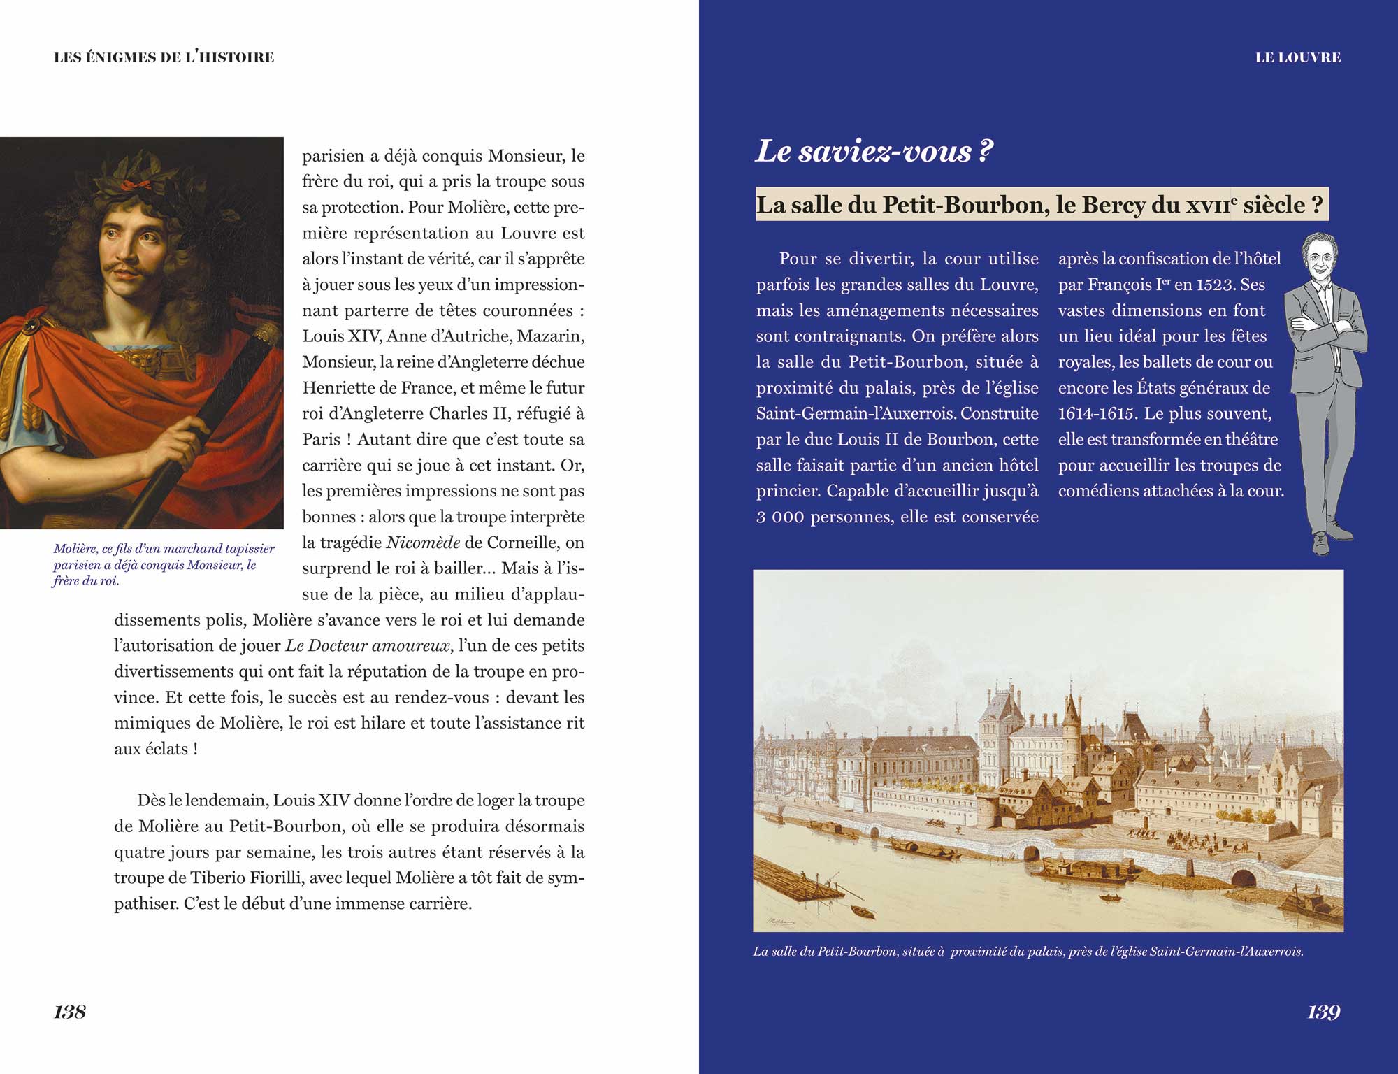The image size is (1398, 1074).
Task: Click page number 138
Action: tap(70, 1012)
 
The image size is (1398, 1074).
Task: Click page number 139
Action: tap(1323, 1012)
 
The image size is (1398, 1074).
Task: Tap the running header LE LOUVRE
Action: tap(1298, 57)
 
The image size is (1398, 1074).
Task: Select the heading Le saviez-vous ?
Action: tap(874, 151)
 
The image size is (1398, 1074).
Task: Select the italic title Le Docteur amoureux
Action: tap(368, 646)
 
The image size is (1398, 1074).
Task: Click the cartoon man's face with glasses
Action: tap(1318, 258)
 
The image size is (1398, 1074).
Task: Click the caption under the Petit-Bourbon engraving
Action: tap(1028, 952)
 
